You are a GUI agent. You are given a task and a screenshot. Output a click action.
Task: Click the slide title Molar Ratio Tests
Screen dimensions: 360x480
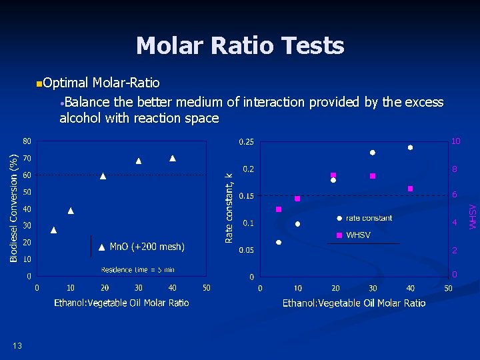coord(240,46)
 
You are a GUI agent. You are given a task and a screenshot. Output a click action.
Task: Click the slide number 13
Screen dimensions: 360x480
coord(17,345)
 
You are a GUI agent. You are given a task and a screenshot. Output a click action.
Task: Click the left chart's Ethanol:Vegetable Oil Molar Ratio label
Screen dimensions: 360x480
coord(121,303)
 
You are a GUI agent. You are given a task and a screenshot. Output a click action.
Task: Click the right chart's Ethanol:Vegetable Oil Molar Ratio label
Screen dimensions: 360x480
coord(354,303)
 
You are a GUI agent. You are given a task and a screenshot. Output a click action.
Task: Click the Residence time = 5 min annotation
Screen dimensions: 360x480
coord(137,269)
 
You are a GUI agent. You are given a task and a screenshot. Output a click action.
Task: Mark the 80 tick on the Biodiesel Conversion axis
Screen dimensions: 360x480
coord(26,141)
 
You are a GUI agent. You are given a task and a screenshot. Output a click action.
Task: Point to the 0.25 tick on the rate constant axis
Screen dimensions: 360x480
coord(246,141)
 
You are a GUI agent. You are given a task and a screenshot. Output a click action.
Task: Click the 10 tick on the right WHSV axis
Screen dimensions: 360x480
coord(455,141)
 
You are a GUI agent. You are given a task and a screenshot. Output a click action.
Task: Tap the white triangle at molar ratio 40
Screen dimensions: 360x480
coord(173,158)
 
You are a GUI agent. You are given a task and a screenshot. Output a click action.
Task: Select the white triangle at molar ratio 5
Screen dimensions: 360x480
coord(54,230)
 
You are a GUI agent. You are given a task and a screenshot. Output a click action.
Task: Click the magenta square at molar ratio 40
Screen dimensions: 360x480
coord(411,189)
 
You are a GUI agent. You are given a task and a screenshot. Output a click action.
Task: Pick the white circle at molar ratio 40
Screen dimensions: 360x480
coord(411,147)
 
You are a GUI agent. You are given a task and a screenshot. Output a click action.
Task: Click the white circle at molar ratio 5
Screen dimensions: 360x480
coord(279,242)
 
